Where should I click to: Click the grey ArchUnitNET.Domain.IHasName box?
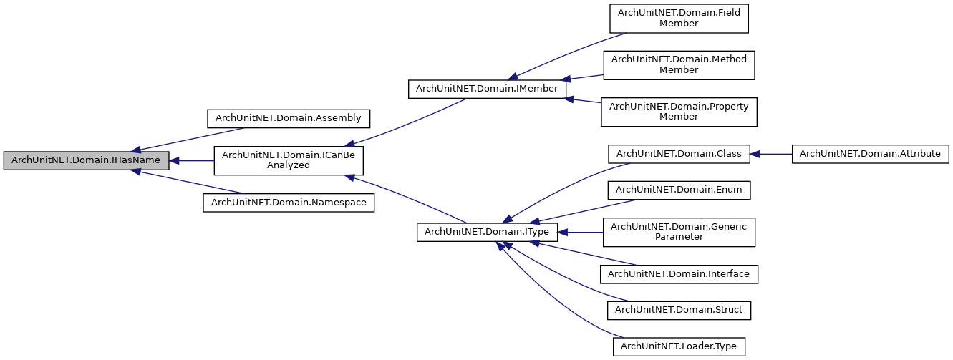[86, 161]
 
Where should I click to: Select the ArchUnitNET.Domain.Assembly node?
[289, 117]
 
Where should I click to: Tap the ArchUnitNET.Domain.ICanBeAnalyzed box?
[289, 160]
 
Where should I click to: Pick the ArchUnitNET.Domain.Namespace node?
[289, 203]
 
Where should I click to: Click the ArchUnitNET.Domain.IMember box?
[486, 89]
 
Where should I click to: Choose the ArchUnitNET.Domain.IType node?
[486, 232]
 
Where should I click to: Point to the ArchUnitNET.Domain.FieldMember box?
[679, 18]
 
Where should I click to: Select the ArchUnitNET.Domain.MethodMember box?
[679, 65]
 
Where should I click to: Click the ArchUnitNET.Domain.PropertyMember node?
[679, 112]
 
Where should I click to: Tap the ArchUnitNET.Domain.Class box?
[679, 153]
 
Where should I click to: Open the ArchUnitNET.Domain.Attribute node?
[871, 153]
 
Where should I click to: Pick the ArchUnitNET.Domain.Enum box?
[679, 190]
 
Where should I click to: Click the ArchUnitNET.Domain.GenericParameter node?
[679, 232]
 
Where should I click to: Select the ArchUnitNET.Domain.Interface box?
[679, 273]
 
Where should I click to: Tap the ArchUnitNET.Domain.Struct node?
[679, 310]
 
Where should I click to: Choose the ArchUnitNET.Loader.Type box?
[679, 346]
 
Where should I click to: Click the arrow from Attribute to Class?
[772, 153]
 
